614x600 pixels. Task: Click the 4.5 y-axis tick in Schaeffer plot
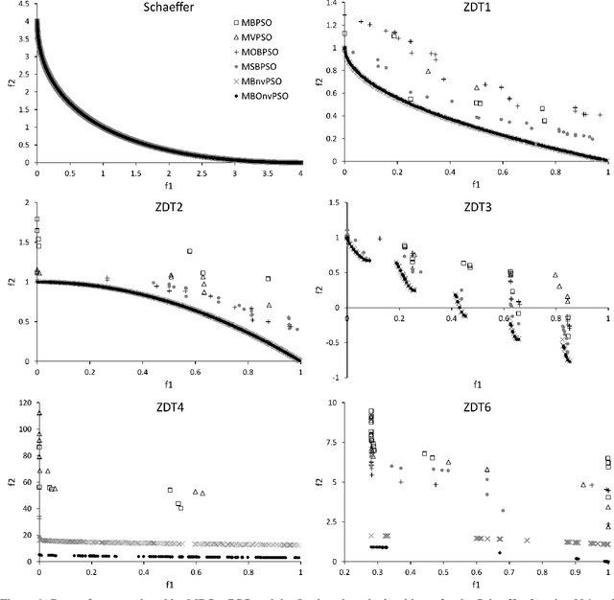point(23,11)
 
